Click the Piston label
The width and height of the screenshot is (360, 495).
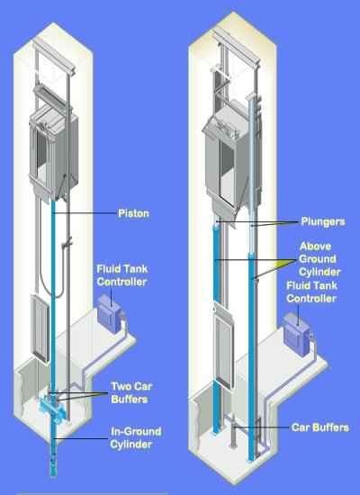133,213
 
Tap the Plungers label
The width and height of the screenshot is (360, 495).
323,221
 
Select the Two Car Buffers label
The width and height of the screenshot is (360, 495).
131,392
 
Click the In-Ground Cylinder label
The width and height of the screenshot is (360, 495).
136,438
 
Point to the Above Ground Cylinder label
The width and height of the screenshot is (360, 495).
319,259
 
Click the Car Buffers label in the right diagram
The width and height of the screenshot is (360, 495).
319,427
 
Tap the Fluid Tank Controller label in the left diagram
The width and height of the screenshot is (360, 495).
121,275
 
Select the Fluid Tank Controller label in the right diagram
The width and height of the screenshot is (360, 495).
311,292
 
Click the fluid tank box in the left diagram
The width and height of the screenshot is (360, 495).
109,313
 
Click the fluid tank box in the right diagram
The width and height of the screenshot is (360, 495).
296,335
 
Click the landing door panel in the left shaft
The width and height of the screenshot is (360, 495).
40,328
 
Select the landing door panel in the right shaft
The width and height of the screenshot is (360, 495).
223,349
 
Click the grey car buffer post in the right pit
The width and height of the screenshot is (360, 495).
233,431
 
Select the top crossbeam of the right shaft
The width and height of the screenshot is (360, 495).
236,46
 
